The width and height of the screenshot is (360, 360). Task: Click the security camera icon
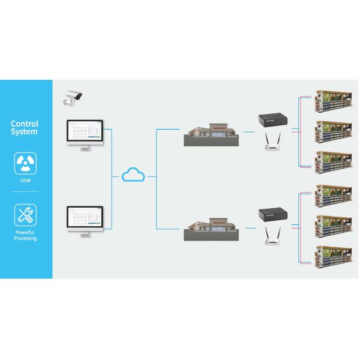(x=73, y=97)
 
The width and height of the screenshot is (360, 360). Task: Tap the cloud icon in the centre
(x=133, y=175)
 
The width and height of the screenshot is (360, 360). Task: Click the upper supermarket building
(x=211, y=135)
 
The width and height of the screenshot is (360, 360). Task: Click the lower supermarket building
(x=211, y=228)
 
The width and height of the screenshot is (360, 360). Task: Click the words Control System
(x=25, y=128)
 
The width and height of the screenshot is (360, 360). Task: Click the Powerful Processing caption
(x=25, y=235)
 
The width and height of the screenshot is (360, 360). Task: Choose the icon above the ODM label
(x=25, y=161)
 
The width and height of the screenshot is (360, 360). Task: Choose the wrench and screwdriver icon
(x=25, y=214)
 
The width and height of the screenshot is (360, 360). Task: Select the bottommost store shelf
(x=334, y=253)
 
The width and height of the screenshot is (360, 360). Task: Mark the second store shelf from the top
(x=334, y=130)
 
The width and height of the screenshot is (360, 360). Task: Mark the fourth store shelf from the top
(x=334, y=193)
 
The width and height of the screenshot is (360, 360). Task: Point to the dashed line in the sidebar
(x=25, y=191)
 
